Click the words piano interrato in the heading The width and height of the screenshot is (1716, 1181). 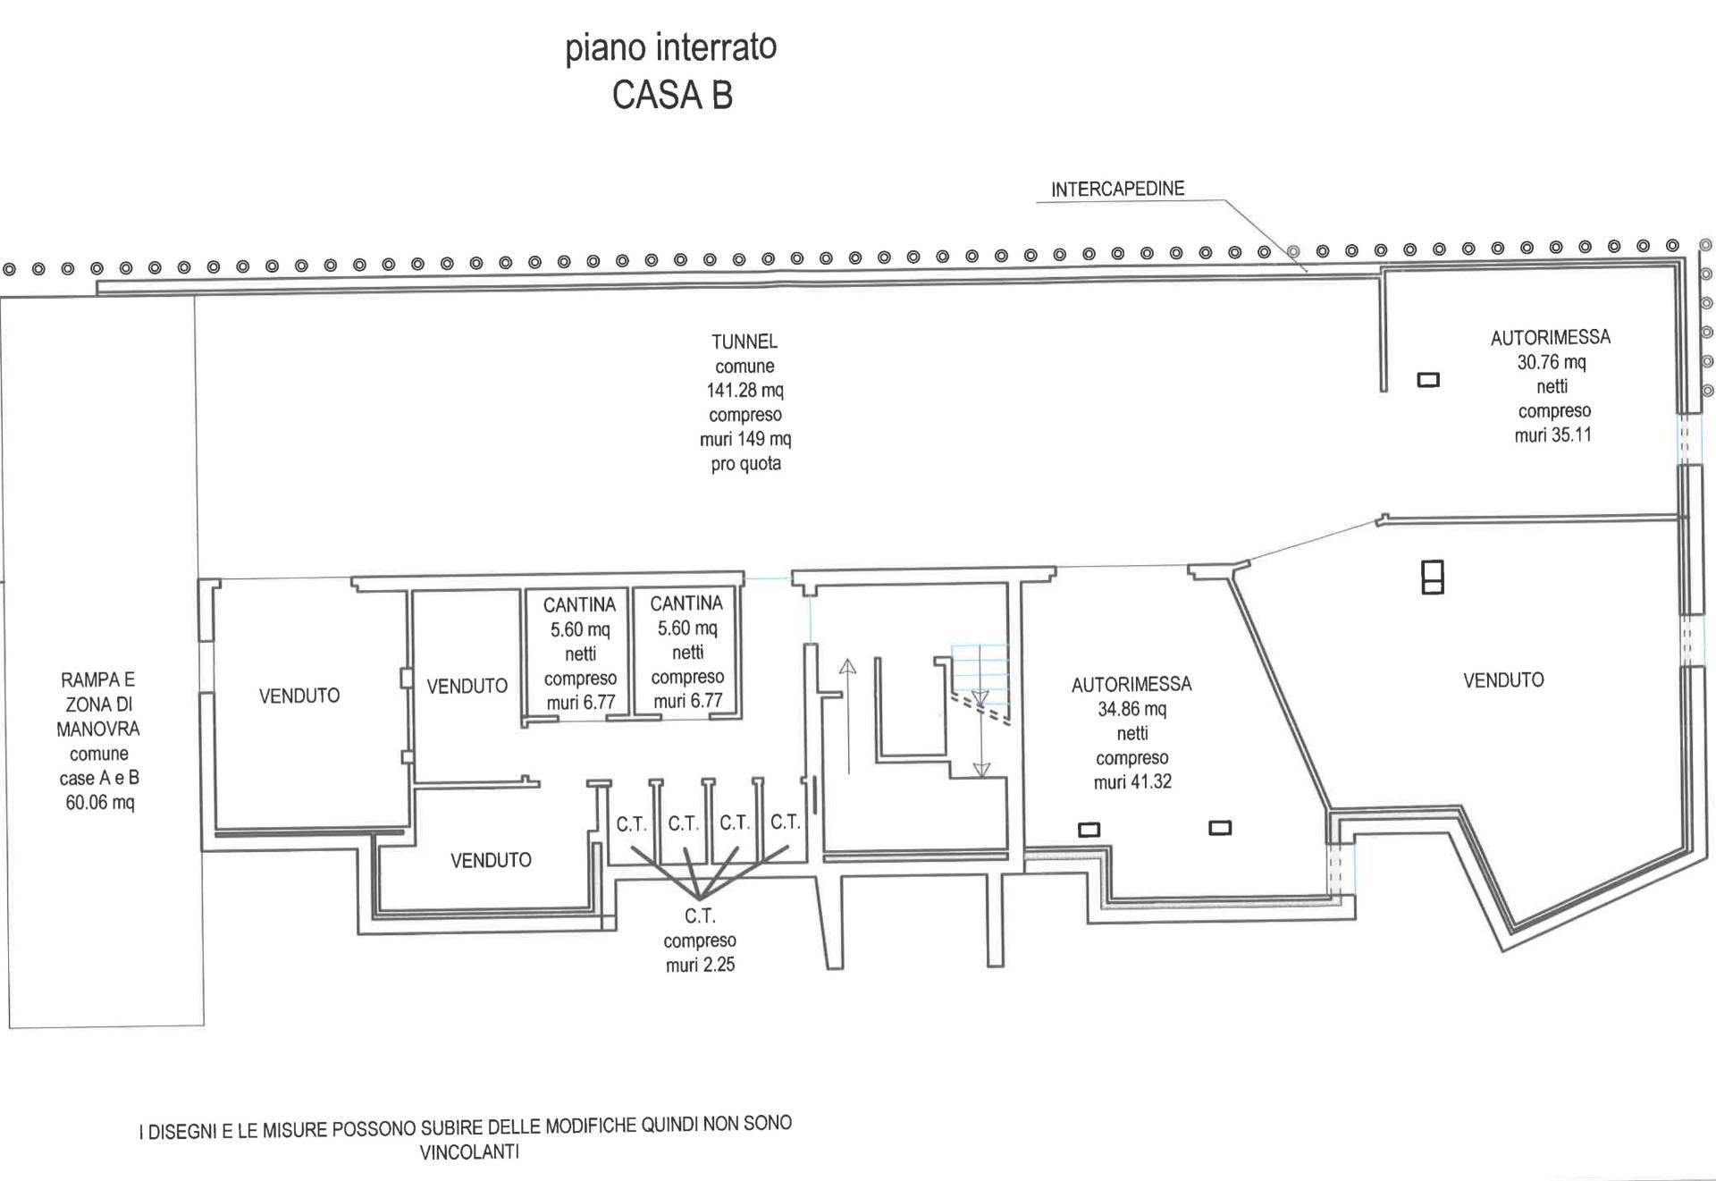[x=670, y=48]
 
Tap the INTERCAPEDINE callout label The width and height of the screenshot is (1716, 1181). [x=1117, y=189]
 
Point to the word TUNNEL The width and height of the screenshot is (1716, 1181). [x=744, y=342]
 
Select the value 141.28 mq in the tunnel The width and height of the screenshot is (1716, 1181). [x=745, y=390]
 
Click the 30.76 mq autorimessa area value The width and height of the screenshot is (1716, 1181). [x=1551, y=362]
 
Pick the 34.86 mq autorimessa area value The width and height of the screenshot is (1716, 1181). [x=1131, y=709]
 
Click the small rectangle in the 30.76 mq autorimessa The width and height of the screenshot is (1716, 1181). [x=1429, y=380]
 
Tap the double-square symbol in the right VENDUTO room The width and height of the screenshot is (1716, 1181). [x=1433, y=577]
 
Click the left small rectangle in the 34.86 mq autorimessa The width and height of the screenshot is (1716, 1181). [x=1089, y=830]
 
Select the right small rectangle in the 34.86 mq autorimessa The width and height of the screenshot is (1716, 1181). [x=1220, y=829]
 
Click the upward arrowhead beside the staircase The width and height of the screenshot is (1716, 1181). [x=847, y=667]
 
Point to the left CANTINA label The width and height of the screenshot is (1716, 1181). [x=579, y=605]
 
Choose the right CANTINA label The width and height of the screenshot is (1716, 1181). [x=686, y=603]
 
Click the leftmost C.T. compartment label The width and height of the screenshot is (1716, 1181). [x=631, y=824]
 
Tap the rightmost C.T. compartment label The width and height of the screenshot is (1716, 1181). [x=786, y=822]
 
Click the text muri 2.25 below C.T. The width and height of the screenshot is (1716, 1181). [x=700, y=965]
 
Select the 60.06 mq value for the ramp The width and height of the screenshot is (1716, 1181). [x=100, y=802]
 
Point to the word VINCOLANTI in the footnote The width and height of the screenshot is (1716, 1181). [x=469, y=1151]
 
